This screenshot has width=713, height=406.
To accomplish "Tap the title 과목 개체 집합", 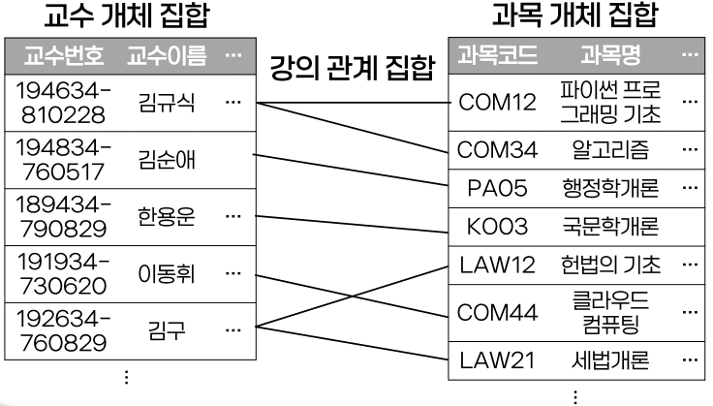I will pos(574,16).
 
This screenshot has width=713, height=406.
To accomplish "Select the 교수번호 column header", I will pos(64,55).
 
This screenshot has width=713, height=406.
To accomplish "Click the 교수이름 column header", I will pos(160,55).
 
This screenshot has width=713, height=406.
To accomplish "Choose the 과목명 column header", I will pos(610,55).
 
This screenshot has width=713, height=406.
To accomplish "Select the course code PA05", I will pos(498,188).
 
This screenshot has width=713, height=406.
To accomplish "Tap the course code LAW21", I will pos(498,360).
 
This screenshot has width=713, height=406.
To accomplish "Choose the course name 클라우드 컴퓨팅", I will pos(610,311).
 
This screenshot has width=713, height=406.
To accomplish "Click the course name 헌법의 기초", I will pos(610,264).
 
